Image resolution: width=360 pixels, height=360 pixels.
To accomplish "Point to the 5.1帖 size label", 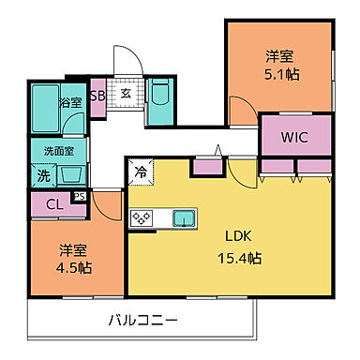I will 280,74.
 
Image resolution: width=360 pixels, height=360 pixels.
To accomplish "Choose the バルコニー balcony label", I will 142,322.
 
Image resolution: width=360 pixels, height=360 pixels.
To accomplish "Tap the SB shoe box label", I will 97,95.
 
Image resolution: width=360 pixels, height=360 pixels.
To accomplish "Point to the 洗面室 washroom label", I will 58,150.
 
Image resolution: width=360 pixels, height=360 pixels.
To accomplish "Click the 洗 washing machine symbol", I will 44,174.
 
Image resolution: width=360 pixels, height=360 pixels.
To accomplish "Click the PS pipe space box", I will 81,196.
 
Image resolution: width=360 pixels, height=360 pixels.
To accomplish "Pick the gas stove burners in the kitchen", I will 142,217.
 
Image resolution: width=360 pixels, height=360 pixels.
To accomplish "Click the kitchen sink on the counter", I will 183,217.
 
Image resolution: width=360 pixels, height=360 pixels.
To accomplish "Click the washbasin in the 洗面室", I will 71,174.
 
